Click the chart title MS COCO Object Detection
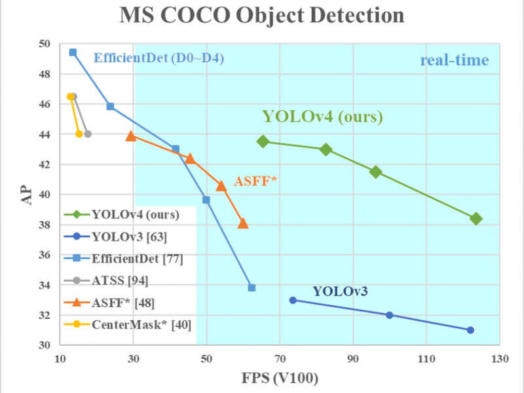click(262, 17)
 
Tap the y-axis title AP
click(26, 195)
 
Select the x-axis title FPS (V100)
click(280, 379)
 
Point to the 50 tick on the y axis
click(44, 45)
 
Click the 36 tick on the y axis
click(44, 255)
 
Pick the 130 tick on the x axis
click(500, 358)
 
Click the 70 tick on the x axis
click(280, 358)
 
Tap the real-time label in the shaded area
click(454, 61)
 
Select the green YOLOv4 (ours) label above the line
click(322, 117)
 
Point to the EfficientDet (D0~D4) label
click(159, 58)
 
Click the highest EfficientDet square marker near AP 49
click(73, 52)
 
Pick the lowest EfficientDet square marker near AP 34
click(252, 288)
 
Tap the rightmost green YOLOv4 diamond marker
click(476, 219)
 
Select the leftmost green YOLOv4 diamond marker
click(263, 141)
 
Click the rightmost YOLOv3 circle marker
click(470, 330)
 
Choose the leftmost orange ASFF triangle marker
click(131, 136)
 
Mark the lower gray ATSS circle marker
click(88, 134)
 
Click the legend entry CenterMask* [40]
click(128, 323)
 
